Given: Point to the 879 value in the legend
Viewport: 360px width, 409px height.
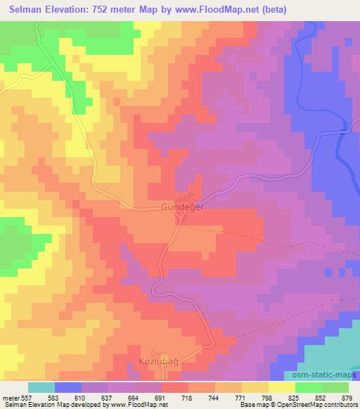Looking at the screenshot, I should [x=347, y=397].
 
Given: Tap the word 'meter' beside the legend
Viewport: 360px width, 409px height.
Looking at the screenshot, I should [x=11, y=397].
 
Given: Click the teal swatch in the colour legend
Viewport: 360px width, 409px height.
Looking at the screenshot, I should [x=41, y=387].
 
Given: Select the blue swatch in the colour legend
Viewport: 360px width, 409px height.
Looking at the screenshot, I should [x=68, y=387].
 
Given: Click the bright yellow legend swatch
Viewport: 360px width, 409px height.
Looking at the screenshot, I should [x=281, y=387].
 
